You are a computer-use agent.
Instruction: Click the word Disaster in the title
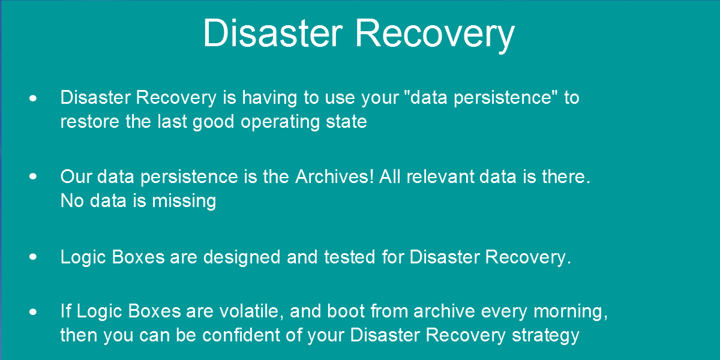coord(273,33)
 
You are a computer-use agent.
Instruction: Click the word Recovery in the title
coord(435,35)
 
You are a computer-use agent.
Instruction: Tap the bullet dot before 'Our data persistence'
coord(33,176)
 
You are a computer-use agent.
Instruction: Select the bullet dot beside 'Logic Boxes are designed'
coord(33,257)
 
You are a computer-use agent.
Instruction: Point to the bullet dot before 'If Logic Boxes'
coord(33,311)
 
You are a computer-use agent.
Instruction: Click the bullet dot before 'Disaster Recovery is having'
coord(33,98)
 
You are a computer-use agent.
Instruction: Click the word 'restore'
coord(89,122)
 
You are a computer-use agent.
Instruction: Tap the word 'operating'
coord(280,123)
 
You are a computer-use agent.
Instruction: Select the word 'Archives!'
coord(335,176)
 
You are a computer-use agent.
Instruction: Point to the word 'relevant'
coord(440,176)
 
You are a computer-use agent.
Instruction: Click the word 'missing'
coord(184,202)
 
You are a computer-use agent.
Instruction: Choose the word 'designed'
coord(242,257)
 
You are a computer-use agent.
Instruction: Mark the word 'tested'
coord(350,257)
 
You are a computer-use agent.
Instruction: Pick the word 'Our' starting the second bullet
coord(76,176)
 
